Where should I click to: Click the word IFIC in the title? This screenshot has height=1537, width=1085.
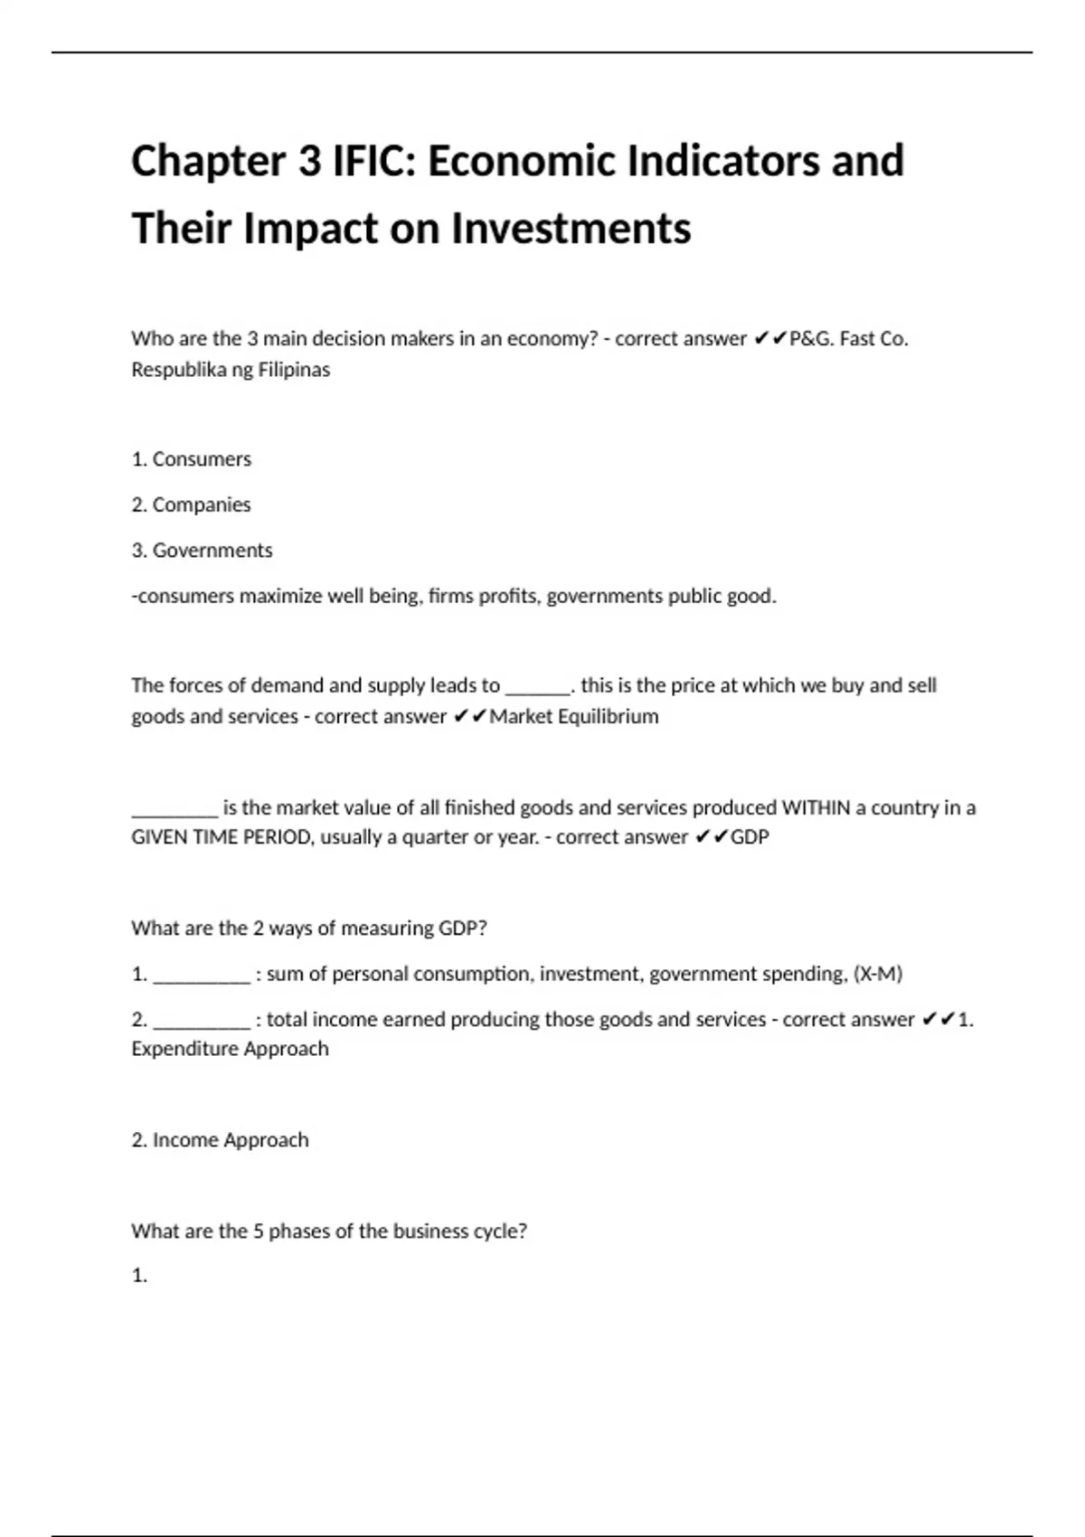pyautogui.click(x=373, y=161)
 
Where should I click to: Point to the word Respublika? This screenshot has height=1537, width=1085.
pyautogui.click(x=177, y=370)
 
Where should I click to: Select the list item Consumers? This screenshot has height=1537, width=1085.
pyautogui.click(x=202, y=459)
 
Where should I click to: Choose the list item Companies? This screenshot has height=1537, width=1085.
pyautogui.click(x=201, y=504)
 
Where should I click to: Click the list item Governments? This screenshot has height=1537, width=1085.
pyautogui.click(x=212, y=551)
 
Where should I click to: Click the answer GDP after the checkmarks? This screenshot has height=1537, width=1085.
pyautogui.click(x=750, y=837)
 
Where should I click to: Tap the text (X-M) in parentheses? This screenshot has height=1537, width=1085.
pyautogui.click(x=878, y=974)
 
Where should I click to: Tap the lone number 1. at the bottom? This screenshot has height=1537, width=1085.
pyautogui.click(x=139, y=1276)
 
